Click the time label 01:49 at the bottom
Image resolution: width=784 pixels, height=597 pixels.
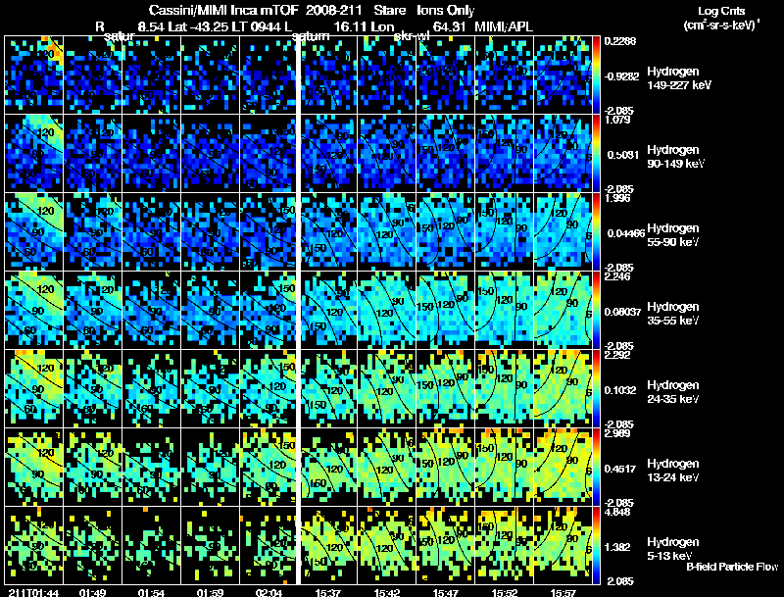pyautogui.click(x=91, y=592)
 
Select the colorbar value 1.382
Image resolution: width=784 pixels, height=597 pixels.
pyautogui.click(x=619, y=545)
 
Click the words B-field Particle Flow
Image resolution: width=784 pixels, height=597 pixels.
pyautogui.click(x=732, y=567)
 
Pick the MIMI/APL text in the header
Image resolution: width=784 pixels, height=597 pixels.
pyautogui.click(x=505, y=25)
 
